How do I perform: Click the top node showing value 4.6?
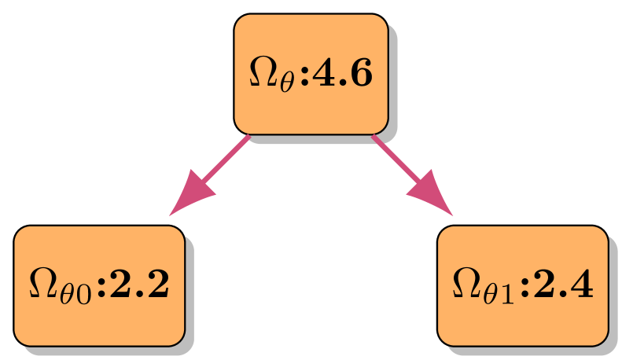point(311,74)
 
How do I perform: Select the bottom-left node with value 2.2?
point(99,286)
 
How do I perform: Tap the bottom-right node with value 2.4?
point(522,286)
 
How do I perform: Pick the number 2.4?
point(562,286)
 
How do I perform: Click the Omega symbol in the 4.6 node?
point(262,73)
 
